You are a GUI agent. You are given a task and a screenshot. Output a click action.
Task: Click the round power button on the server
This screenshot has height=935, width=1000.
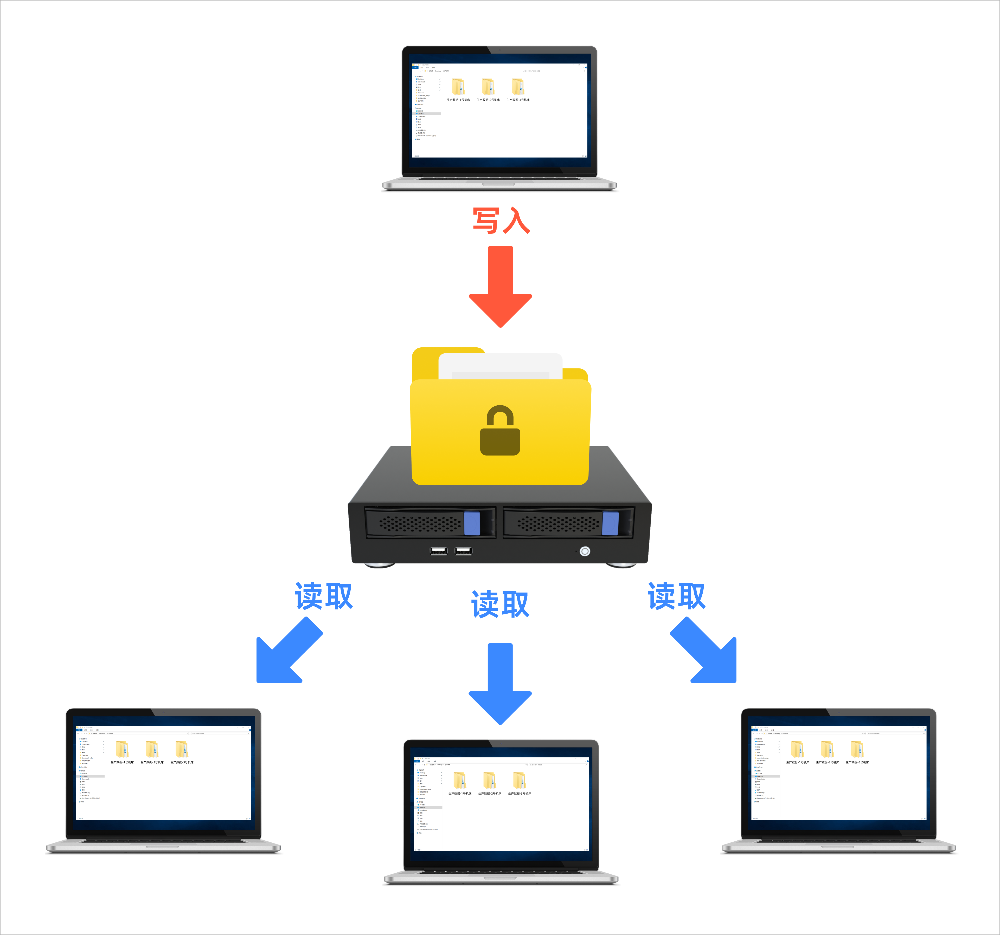tap(585, 551)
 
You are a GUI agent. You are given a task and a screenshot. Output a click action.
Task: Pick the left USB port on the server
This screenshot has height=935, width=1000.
tap(438, 551)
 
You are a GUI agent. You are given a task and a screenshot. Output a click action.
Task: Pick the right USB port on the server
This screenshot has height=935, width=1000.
tap(463, 551)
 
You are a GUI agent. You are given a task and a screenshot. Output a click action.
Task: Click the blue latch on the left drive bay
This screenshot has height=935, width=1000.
tap(472, 523)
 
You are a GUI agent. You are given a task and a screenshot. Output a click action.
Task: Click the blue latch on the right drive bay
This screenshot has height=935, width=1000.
tap(610, 523)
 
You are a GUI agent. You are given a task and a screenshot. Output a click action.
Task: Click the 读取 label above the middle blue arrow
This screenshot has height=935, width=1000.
tap(500, 604)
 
